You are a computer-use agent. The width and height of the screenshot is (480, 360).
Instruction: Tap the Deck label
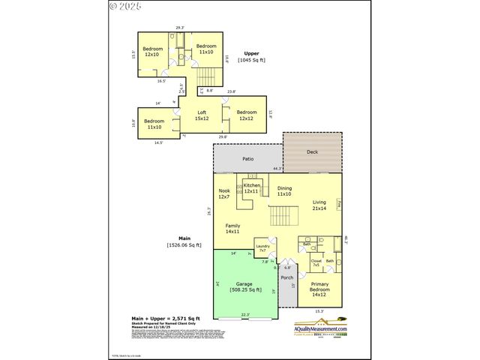point(312,151)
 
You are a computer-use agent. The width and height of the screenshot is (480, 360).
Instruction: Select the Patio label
point(247,159)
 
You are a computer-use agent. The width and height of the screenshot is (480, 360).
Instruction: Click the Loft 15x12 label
point(202,115)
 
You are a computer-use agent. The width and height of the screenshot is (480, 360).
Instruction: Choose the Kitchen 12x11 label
point(251,188)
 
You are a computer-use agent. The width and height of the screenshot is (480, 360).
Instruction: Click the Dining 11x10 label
point(284,190)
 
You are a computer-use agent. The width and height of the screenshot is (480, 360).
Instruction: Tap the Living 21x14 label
point(319,205)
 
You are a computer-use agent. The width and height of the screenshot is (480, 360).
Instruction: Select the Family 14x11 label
point(233,228)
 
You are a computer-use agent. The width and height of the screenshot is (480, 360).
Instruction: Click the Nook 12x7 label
point(223,193)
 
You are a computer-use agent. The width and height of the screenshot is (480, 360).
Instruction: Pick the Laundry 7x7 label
point(262,248)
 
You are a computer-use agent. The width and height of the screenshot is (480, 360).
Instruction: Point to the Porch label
point(287,277)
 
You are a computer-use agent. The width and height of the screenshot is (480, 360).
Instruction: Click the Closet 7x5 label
point(316,262)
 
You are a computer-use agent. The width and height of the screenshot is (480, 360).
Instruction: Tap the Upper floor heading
point(251,56)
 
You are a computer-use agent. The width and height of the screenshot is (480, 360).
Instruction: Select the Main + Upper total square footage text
point(154,319)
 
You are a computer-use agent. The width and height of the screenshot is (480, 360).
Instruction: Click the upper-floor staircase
point(208,76)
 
